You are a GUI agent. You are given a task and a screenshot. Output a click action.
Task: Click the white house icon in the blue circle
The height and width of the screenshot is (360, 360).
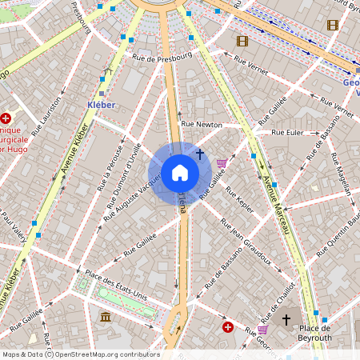click(180, 173)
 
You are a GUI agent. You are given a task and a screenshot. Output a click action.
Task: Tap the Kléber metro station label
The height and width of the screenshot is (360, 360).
click(101, 105)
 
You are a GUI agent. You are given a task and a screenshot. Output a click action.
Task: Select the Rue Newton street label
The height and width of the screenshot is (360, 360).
click(202, 125)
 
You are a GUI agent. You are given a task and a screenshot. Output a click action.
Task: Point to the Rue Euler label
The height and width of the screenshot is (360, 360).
click(289, 132)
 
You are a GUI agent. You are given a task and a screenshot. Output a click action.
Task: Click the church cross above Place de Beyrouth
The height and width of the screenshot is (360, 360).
click(286, 319)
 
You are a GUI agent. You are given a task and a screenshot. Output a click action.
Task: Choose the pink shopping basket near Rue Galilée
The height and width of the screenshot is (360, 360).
click(222, 163)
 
